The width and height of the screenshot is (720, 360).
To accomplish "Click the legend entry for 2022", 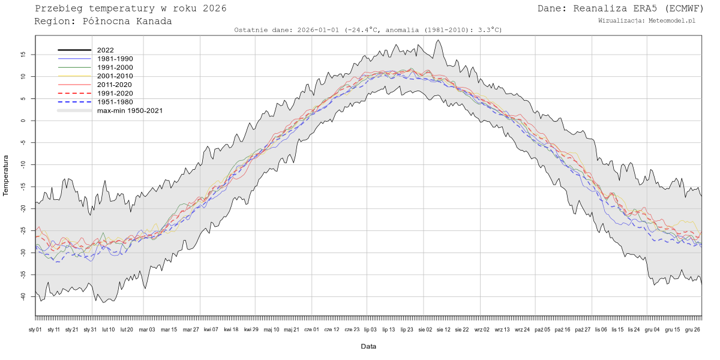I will point(106,50).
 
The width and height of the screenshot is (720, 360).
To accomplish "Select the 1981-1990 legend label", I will point(115,59).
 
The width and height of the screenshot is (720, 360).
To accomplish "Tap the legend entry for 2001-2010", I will point(115,76).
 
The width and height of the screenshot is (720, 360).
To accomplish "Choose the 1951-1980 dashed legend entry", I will point(115,102).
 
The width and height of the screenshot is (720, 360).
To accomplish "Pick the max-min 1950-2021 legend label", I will point(130,110).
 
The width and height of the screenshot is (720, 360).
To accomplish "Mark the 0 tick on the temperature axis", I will point(23,121).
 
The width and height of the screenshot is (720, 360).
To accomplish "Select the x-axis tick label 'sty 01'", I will point(35,329).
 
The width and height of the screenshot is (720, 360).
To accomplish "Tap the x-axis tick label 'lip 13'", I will point(389,329).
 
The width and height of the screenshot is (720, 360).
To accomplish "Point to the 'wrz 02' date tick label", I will point(482,329).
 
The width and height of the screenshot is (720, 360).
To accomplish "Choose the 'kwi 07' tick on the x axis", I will point(211,329).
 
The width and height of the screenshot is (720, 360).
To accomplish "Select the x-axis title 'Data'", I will point(368,346).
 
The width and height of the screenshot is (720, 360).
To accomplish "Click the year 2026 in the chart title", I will point(214,8).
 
